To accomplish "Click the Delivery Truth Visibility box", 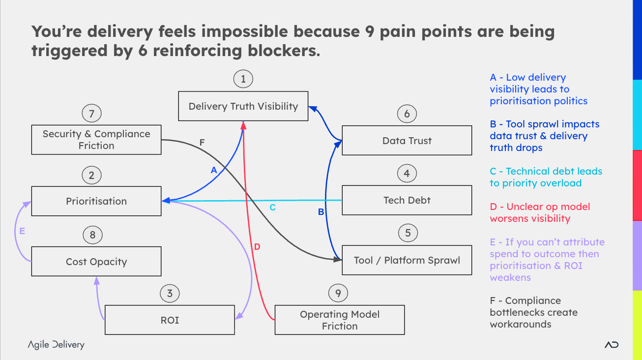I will [243, 106].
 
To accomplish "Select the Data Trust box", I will [407, 141].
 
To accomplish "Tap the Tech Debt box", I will [407, 200].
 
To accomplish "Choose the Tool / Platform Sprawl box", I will [407, 260].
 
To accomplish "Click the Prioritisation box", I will [96, 201].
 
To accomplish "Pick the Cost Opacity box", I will [96, 262].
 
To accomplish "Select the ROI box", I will [170, 320].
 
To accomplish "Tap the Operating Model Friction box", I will [339, 320].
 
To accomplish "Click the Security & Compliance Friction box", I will [96, 140].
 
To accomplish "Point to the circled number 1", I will [243, 79].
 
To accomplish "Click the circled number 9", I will [338, 294].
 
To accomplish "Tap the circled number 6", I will [407, 114].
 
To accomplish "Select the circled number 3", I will [170, 294].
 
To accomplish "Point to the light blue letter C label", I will [272, 208].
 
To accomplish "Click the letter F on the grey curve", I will [202, 143].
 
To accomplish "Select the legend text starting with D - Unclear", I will [540, 212].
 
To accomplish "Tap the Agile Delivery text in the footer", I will [56, 345].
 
